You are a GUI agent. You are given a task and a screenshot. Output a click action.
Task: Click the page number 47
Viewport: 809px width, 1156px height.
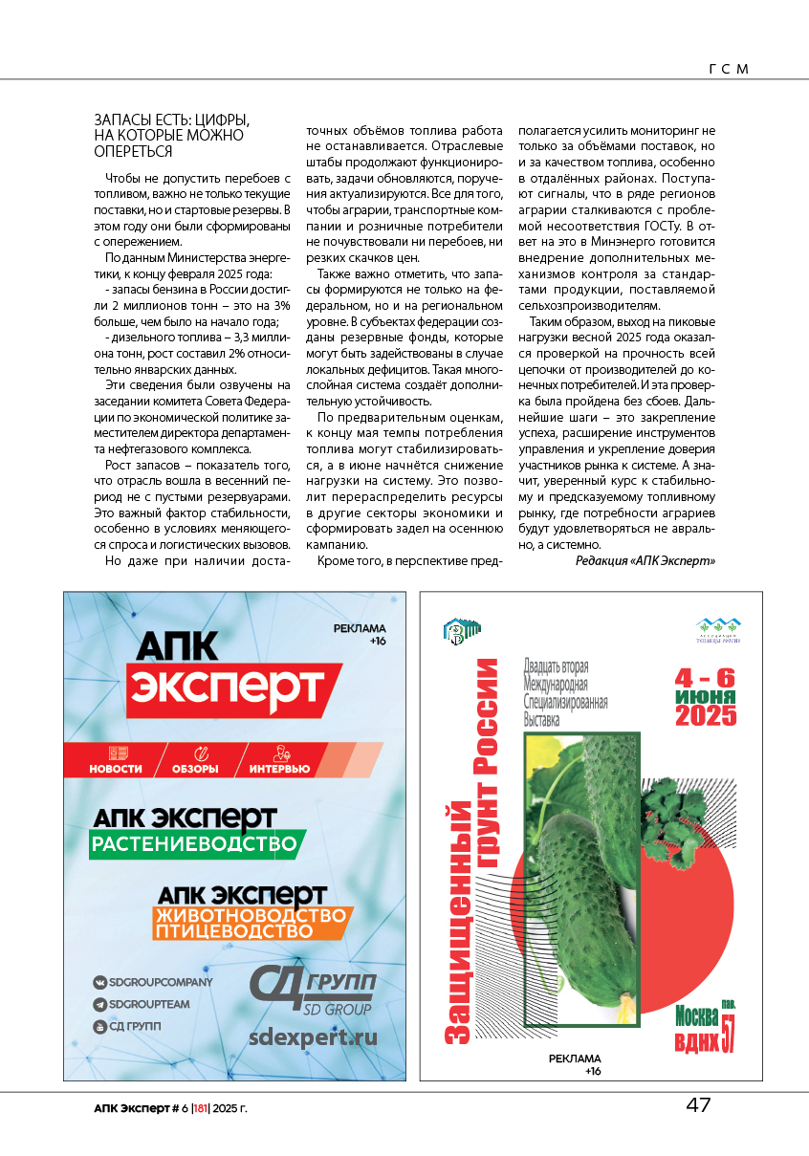pyautogui.click(x=698, y=1105)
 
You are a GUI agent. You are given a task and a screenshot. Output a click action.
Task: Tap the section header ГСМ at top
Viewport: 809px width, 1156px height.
pyautogui.click(x=728, y=69)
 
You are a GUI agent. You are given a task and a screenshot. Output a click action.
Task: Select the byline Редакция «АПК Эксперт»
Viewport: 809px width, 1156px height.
pyautogui.click(x=645, y=560)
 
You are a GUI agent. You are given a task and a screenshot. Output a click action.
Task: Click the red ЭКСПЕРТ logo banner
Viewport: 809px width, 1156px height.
pyautogui.click(x=228, y=687)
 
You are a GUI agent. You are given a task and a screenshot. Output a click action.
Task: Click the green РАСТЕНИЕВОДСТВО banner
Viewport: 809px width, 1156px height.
pyautogui.click(x=197, y=845)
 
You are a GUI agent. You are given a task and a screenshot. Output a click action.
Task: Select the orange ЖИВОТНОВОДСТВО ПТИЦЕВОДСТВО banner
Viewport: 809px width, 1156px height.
pyautogui.click(x=252, y=924)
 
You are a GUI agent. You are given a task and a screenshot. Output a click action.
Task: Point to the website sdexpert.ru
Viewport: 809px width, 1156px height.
pyautogui.click(x=313, y=1037)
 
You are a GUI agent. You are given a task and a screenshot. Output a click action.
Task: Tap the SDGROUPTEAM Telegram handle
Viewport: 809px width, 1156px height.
pyautogui.click(x=148, y=1004)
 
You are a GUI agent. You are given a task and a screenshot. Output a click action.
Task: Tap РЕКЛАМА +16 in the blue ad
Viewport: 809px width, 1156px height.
pyautogui.click(x=360, y=634)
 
